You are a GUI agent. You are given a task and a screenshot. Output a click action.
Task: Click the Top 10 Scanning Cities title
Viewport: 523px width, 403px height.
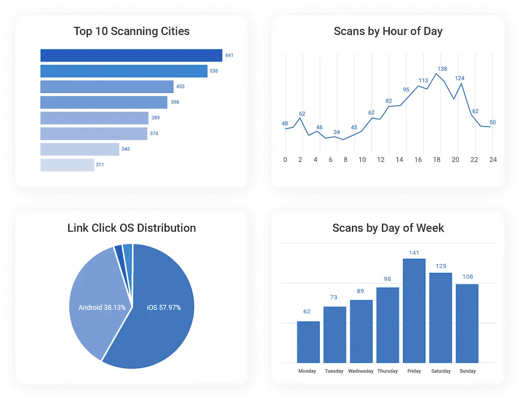click(131, 31)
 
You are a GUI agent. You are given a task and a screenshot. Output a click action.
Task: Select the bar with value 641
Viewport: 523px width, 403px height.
click(131, 55)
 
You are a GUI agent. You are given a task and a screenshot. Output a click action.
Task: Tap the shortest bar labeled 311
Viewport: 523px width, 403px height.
click(67, 165)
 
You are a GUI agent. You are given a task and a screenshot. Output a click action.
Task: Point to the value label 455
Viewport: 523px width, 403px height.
click(180, 87)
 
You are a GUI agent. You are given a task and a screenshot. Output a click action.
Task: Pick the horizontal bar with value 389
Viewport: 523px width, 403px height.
click(94, 118)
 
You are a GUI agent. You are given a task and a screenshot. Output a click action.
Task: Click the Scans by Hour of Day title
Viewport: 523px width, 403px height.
click(388, 31)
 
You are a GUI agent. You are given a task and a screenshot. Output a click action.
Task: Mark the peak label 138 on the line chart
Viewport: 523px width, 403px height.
click(442, 69)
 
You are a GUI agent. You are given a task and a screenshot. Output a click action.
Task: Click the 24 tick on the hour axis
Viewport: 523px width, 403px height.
click(492, 160)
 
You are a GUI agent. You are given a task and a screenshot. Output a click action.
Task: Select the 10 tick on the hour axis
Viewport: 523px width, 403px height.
click(362, 160)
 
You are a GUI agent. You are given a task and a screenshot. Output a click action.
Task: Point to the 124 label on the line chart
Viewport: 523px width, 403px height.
click(460, 79)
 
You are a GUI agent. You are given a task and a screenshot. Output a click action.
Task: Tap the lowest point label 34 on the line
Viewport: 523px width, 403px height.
click(337, 132)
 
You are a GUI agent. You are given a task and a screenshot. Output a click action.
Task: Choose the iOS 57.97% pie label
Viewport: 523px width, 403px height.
click(164, 307)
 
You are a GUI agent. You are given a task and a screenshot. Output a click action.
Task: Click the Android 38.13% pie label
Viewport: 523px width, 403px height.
click(102, 307)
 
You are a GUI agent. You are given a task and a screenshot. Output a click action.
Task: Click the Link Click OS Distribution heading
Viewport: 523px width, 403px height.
click(131, 228)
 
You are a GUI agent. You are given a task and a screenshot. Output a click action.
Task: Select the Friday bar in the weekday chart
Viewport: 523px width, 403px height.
click(414, 311)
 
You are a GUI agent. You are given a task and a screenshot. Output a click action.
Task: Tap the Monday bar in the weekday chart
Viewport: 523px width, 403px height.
click(308, 342)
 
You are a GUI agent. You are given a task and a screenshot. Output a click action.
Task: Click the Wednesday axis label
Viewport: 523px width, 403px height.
click(361, 371)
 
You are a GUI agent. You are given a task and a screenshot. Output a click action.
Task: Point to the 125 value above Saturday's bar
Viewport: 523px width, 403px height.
click(441, 266)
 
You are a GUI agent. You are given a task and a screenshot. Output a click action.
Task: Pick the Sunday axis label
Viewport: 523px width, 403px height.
click(467, 371)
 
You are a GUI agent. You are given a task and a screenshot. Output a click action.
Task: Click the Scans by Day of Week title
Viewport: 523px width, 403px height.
click(388, 228)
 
